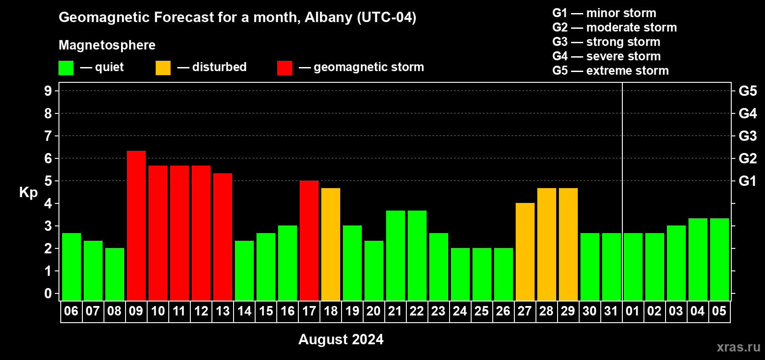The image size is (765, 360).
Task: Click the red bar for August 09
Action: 136,225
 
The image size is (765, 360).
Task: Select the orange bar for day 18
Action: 331,244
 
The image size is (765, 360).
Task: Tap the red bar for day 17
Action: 309,240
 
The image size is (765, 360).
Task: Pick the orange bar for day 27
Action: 525,252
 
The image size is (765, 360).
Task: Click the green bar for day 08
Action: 115,274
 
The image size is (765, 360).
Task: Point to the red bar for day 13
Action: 223,237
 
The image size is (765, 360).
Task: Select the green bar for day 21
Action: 396,256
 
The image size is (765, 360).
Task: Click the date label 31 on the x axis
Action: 611,311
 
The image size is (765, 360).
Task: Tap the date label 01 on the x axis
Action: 633,311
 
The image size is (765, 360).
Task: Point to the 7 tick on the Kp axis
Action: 48,136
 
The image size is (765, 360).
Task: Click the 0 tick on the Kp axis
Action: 48,293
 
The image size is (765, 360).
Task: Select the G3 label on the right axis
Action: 747,136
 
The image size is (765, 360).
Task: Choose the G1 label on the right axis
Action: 747,181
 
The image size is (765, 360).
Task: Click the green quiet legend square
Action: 66,67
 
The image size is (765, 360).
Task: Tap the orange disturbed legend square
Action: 163,67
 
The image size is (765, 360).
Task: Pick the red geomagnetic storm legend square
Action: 284,67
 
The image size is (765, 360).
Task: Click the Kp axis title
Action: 28,193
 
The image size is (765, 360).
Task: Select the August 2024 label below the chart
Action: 341,339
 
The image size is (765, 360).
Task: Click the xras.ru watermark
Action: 738,347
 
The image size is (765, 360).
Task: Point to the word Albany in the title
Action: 328,18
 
